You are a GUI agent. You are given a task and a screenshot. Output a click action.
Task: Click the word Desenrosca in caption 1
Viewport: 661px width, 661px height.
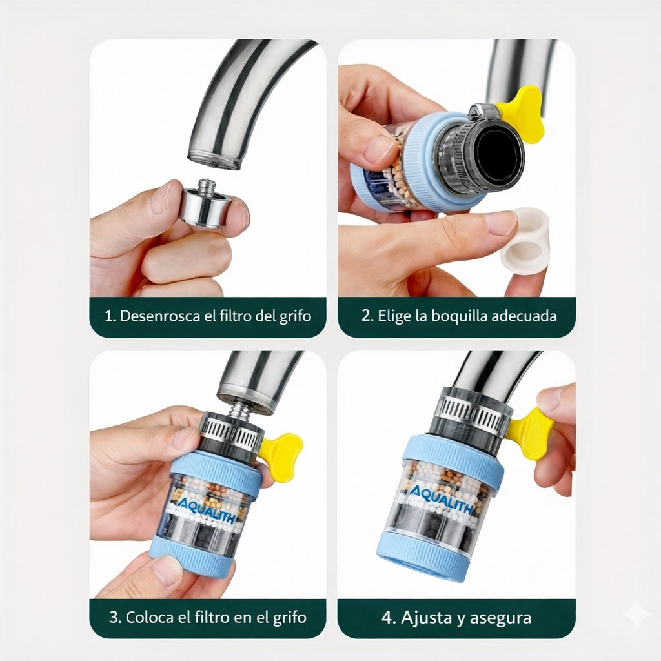pyautogui.click(x=160, y=316)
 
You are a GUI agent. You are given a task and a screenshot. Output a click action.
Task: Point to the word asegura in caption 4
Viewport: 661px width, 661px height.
pyautogui.click(x=500, y=618)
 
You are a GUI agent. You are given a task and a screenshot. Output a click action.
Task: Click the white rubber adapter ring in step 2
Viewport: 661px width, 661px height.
pyautogui.click(x=525, y=241)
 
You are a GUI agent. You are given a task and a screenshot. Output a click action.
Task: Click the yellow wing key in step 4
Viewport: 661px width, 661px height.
pyautogui.click(x=531, y=432)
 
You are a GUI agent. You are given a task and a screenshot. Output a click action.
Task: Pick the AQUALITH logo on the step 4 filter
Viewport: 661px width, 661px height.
pyautogui.click(x=441, y=499)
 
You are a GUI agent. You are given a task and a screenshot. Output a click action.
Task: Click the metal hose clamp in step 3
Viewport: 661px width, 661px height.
pyautogui.click(x=230, y=431)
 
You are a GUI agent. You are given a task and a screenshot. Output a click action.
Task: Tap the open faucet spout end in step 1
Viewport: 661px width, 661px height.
pyautogui.click(x=215, y=159)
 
